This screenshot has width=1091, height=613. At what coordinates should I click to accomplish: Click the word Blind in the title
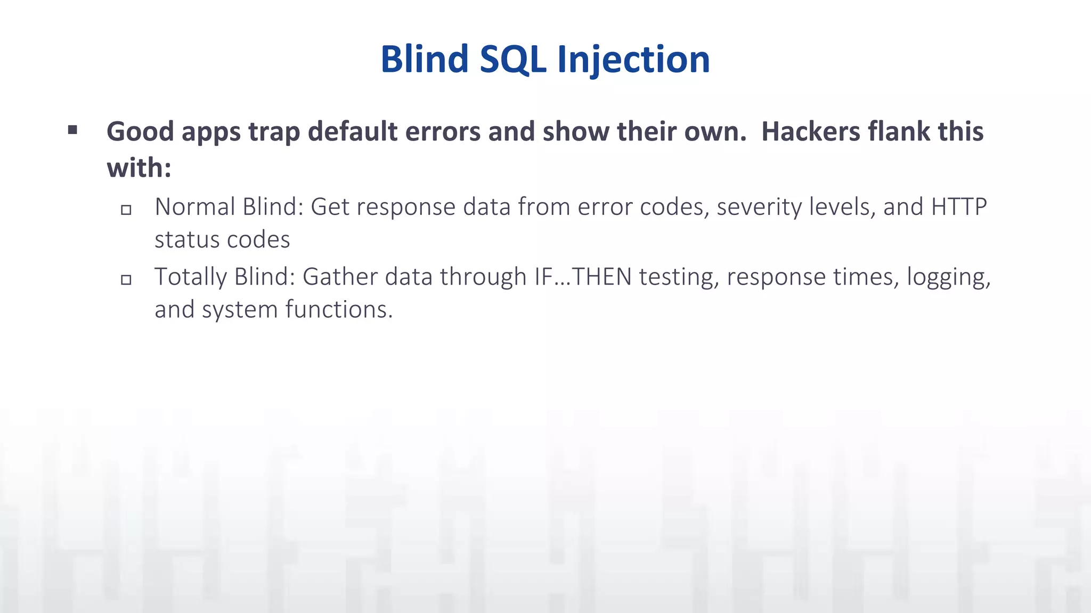(x=424, y=59)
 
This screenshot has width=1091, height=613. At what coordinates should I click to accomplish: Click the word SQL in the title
(x=512, y=59)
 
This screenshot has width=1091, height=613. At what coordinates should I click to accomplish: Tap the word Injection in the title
(x=633, y=60)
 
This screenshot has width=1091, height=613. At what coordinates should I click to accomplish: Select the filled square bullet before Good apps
(x=73, y=129)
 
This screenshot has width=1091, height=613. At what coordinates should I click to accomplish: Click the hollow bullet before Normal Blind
(x=126, y=210)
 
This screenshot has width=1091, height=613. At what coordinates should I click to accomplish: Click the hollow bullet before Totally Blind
(x=126, y=279)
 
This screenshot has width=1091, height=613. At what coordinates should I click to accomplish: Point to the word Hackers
(x=810, y=131)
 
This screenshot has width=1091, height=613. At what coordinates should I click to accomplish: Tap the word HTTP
(x=958, y=207)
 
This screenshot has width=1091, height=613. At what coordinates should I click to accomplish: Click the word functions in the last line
(x=339, y=309)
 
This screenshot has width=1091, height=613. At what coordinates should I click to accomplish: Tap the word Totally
(x=191, y=277)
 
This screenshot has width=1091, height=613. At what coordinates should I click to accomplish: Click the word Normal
(x=194, y=207)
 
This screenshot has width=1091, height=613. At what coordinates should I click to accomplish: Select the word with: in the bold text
(x=139, y=168)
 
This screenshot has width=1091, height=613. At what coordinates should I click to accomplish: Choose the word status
(x=184, y=239)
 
